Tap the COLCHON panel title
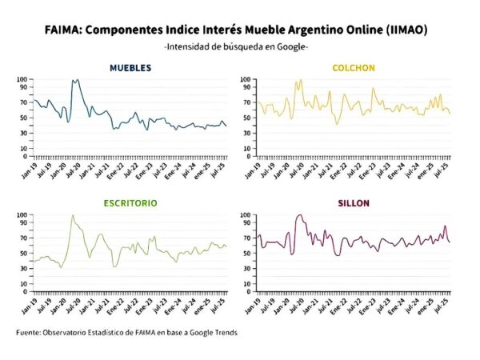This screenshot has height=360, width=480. point(354,68)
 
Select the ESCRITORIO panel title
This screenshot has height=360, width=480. point(130,203)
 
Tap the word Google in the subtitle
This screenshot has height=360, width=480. point(294,46)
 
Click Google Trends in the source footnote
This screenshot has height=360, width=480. point(212,332)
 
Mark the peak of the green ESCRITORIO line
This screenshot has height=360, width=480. point(73,215)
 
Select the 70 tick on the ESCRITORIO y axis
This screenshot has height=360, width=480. point(22,237)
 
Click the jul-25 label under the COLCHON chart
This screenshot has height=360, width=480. point(445,169)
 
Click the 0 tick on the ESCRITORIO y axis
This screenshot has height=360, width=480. point(25,290)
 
